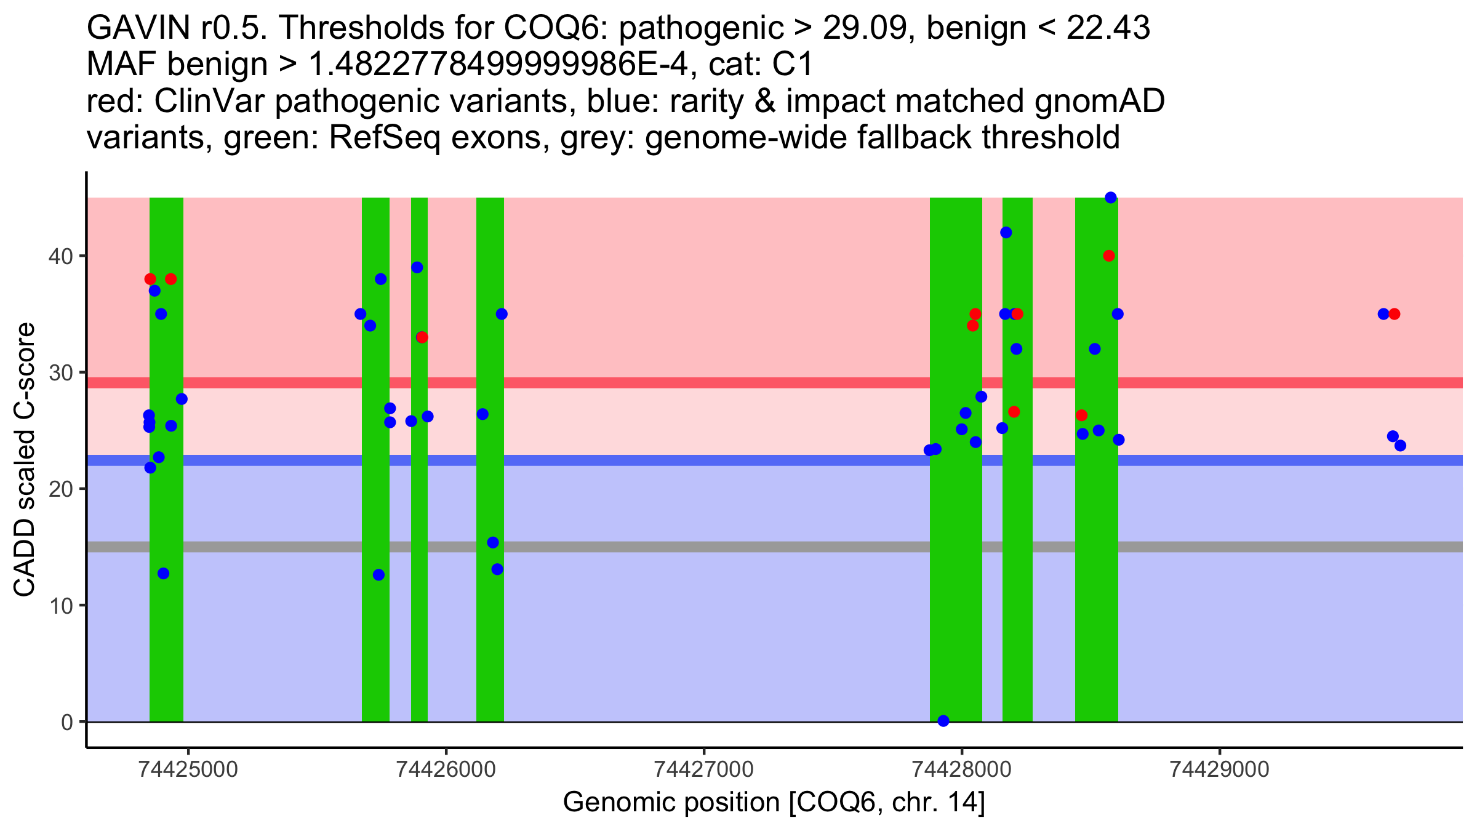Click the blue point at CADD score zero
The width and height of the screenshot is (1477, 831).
(943, 721)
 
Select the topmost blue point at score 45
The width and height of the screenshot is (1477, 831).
(1111, 198)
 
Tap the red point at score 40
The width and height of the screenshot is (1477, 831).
(1109, 255)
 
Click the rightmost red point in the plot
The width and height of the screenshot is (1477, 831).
(1395, 314)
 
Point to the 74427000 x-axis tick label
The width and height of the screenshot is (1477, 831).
(703, 769)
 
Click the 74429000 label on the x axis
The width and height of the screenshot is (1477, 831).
(1219, 769)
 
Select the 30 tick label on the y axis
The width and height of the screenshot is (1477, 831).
(60, 372)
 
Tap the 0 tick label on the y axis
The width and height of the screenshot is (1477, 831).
(67, 722)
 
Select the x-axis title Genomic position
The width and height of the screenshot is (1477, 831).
(774, 803)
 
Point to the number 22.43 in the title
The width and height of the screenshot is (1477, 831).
(1108, 28)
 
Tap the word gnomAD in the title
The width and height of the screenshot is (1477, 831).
(1099, 101)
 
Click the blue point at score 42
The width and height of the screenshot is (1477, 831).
(1006, 232)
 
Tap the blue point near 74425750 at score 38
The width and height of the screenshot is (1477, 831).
(381, 279)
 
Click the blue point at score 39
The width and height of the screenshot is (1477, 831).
(417, 267)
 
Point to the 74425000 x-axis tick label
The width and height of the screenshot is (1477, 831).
(188, 769)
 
